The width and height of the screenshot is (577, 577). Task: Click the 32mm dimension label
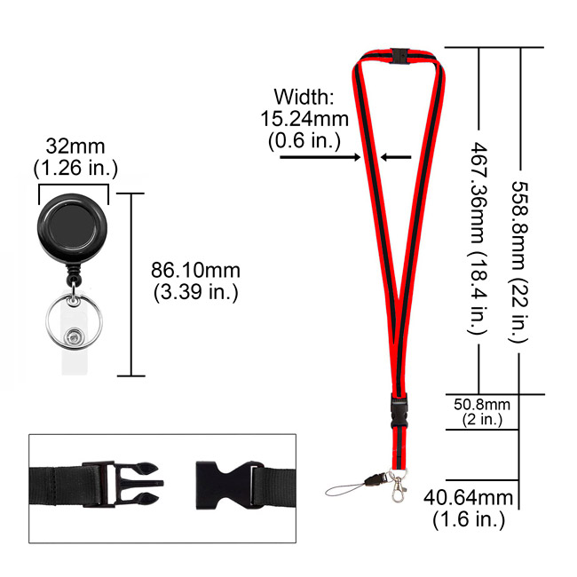75,146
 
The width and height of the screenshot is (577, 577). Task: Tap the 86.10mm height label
195,270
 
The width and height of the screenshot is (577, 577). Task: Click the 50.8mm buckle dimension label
482,405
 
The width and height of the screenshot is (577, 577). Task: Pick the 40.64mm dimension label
468,497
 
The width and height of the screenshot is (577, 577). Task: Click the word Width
304,97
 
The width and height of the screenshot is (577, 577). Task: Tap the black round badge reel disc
73,225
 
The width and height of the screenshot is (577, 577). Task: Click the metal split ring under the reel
74,321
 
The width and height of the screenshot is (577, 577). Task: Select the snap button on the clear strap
74,336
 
